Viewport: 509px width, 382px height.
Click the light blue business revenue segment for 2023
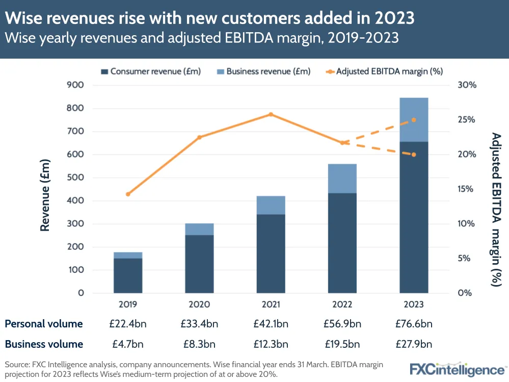413,119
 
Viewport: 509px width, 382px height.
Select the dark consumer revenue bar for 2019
128,275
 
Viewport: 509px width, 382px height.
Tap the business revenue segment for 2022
342,179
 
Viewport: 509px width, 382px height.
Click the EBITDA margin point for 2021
271,114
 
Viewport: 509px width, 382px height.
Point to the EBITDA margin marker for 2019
128,194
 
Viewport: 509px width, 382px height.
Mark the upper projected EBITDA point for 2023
414,120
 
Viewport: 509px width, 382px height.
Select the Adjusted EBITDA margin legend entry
383,71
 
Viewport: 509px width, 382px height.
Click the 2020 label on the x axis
199,304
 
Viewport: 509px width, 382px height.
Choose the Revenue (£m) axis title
45,195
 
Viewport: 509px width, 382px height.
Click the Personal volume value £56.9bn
342,324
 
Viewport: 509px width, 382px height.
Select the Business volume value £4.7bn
128,344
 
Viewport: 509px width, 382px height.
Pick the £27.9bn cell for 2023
414,344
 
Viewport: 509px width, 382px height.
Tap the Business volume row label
44,344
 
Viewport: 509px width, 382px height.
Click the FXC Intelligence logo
457,368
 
